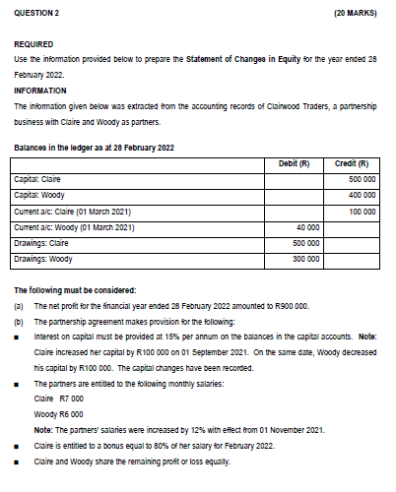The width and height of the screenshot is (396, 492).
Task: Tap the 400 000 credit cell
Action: [x=362, y=196]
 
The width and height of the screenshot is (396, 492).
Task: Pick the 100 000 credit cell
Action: [x=362, y=212]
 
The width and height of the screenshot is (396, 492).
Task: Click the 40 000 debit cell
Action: [x=307, y=227]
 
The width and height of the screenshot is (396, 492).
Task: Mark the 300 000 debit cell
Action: [x=305, y=259]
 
